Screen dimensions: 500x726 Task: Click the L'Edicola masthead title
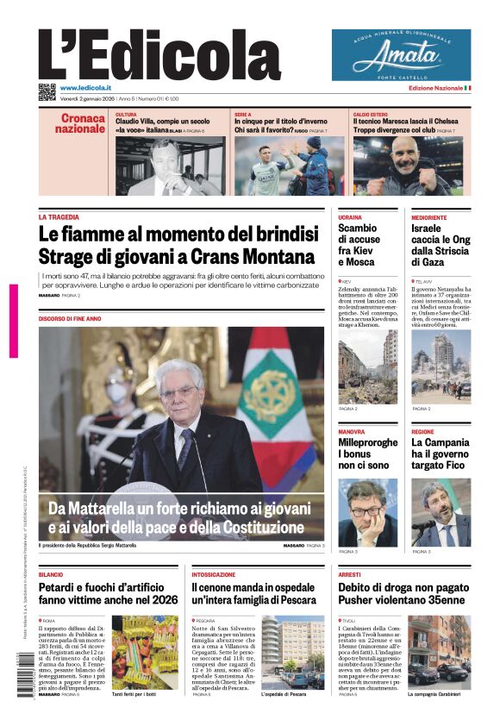click(x=159, y=53)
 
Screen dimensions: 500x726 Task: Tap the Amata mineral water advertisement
click(x=401, y=54)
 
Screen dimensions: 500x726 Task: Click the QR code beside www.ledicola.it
click(x=47, y=91)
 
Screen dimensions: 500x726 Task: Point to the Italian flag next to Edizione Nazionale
click(x=467, y=88)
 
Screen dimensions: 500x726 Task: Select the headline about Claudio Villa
click(x=162, y=122)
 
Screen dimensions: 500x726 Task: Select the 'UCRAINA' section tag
click(x=350, y=217)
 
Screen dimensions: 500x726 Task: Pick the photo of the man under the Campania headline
click(x=441, y=513)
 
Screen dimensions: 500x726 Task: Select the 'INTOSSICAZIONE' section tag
click(x=214, y=574)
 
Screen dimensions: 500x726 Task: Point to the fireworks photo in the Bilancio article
click(x=144, y=651)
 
